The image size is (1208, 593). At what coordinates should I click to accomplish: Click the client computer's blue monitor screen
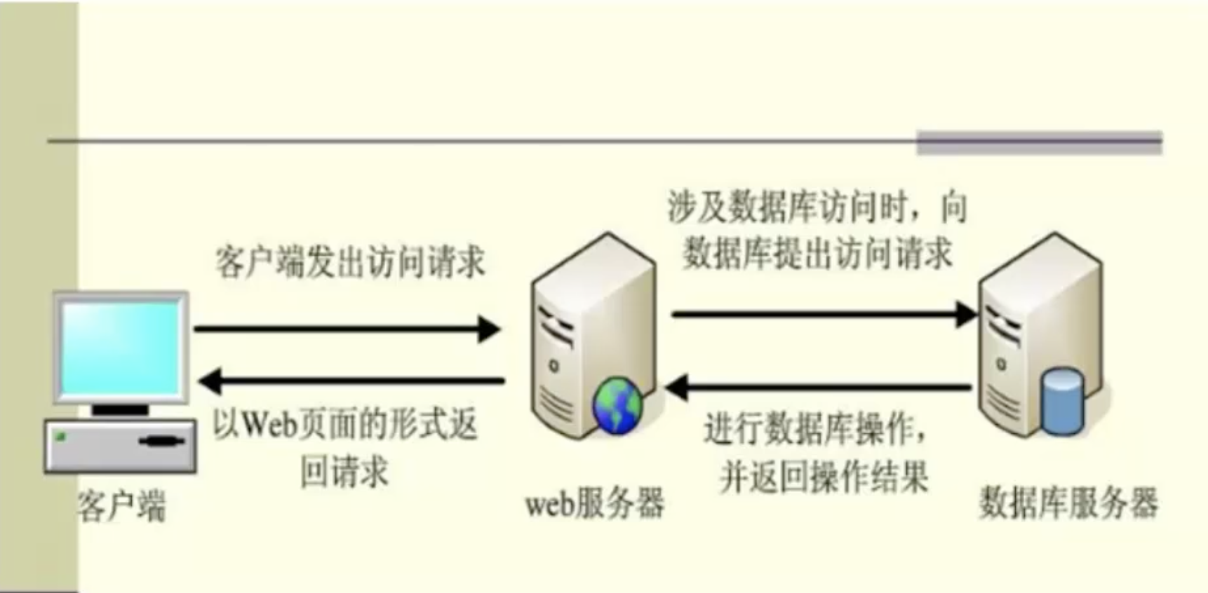[121, 347]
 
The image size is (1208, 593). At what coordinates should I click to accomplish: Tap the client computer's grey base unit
[121, 446]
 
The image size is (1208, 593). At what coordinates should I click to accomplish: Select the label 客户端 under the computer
[121, 505]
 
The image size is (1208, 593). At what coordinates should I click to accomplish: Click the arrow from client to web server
[347, 328]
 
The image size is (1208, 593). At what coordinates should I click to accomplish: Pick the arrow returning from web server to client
[351, 381]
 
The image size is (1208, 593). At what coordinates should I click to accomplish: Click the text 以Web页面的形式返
[345, 424]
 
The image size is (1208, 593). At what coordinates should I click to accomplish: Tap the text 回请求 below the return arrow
[344, 472]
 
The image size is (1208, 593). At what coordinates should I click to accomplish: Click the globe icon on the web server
[617, 405]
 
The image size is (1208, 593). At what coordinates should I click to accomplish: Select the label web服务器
[594, 503]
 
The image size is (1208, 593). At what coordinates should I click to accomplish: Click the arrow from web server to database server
[824, 315]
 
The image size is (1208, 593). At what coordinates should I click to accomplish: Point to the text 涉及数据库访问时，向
[817, 207]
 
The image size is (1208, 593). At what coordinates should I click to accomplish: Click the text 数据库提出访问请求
[817, 252]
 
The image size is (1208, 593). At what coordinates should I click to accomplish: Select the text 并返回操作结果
[824, 477]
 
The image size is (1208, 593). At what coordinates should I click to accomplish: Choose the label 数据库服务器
[1068, 503]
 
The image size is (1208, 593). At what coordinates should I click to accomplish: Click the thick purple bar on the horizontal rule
[1039, 142]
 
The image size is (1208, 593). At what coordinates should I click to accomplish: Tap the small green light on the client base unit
[61, 437]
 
